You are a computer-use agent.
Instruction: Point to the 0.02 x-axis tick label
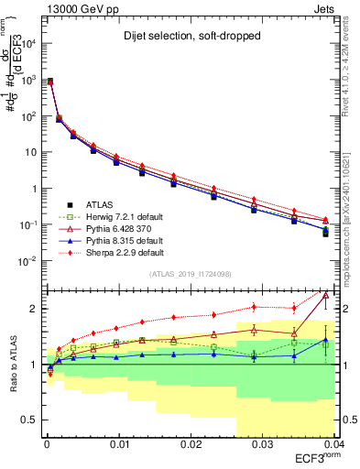pos(190,444)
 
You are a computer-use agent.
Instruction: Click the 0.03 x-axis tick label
pos(261,444)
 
